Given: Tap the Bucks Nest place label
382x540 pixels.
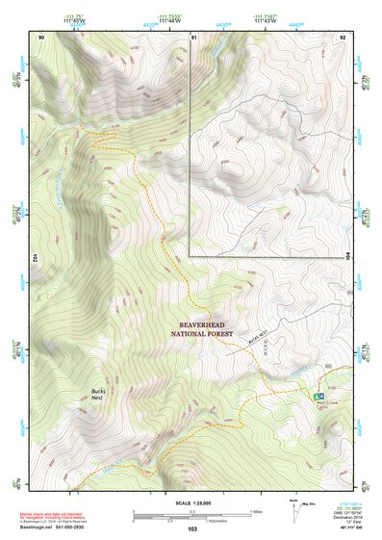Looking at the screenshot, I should pos(97,394).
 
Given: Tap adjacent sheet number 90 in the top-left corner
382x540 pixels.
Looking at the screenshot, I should pos(41,37).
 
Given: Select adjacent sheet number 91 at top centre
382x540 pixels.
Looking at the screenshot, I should pos(194,37).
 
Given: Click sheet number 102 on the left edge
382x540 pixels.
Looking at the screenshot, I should pos(34,257).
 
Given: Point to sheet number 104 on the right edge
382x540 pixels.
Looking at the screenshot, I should pos(349,257).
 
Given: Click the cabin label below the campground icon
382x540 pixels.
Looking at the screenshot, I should pos(330,405).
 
